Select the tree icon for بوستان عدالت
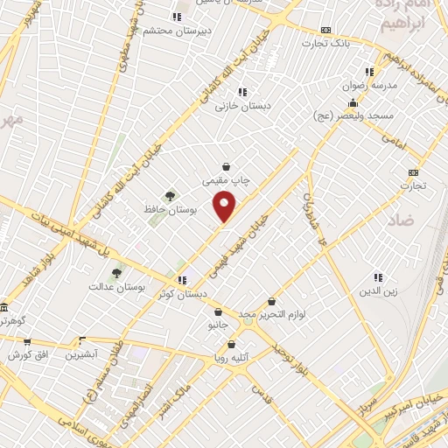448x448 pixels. pos(116,273)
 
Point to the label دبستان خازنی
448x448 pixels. pos(243,105)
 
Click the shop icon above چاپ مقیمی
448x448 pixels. pos(227,166)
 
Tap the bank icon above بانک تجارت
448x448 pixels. pos(326,29)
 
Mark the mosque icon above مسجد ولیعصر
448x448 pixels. pos(353,102)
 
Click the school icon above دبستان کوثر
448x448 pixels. pos(182,280)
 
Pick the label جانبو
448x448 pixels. pos(218,325)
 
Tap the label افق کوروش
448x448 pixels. pos(26,354)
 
